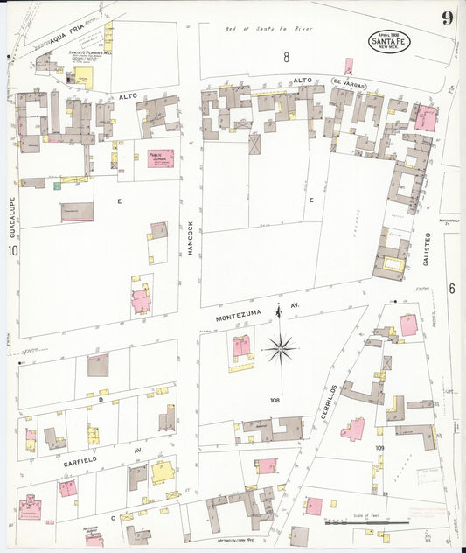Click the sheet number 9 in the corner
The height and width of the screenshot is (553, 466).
(447, 19)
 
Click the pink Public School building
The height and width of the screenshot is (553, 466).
(160, 159)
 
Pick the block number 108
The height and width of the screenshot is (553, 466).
(275, 401)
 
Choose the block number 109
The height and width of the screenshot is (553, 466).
(379, 447)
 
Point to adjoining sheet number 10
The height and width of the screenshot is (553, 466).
(13, 252)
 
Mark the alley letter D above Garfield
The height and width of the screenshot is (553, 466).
(101, 400)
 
